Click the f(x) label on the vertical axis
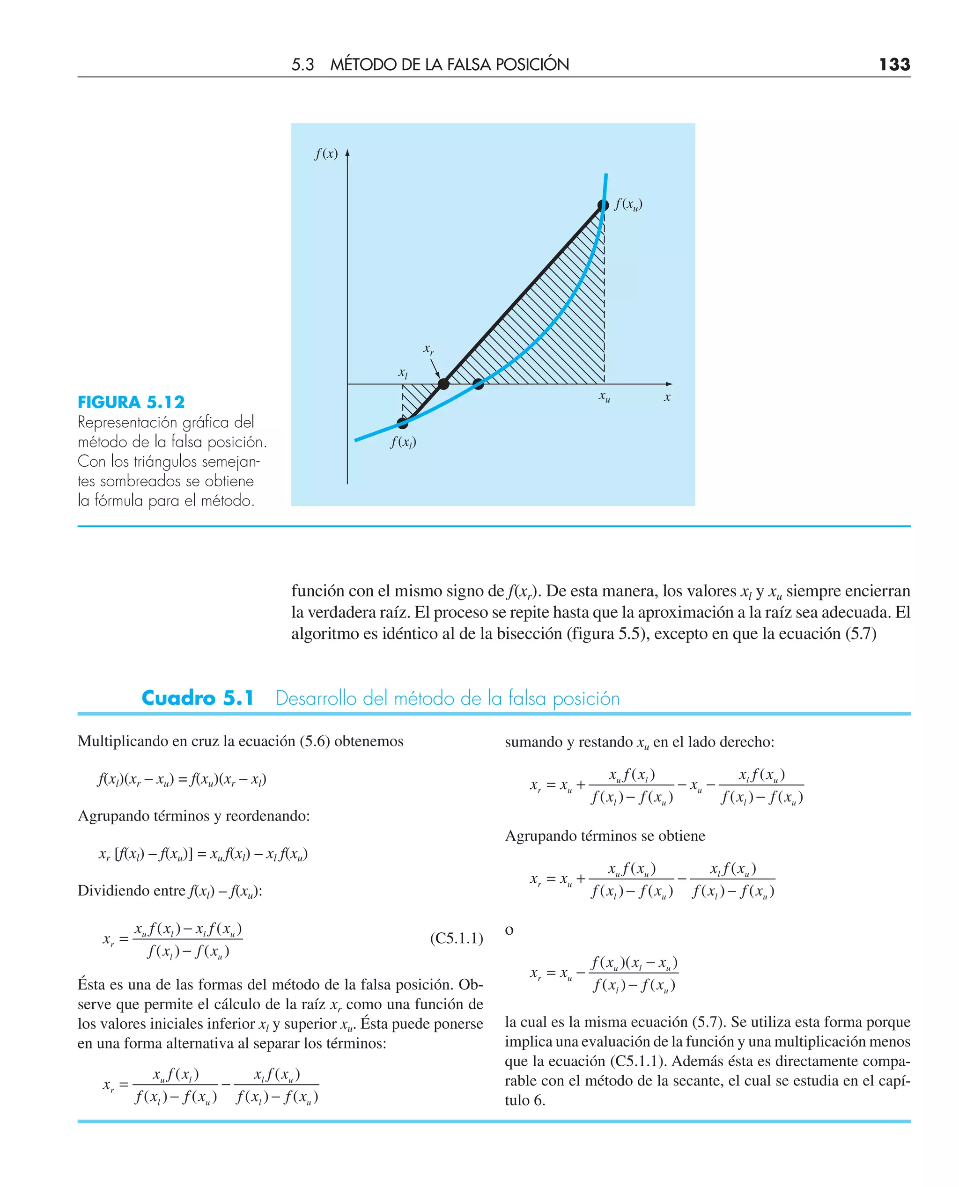click(x=326, y=154)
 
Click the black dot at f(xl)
click(x=403, y=424)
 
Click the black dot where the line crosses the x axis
click(x=443, y=384)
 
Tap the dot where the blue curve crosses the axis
click(x=479, y=384)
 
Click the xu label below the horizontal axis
click(x=605, y=396)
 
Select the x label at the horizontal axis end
click(x=667, y=397)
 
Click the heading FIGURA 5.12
click(x=131, y=402)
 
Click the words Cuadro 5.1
click(x=197, y=698)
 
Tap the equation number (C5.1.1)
click(x=456, y=938)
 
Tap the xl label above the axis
click(x=403, y=373)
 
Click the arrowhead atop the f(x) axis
click(x=347, y=153)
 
